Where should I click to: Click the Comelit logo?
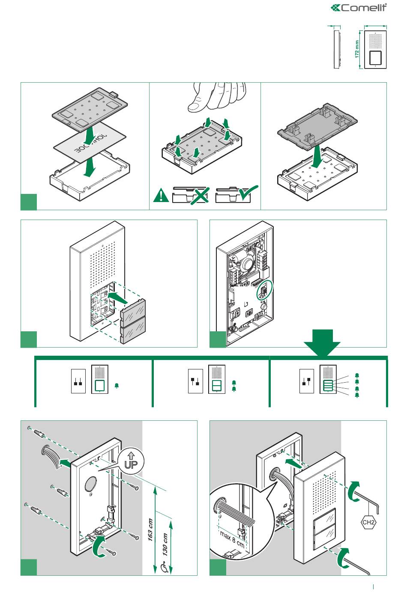pos(359,7)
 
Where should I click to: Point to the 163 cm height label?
pos(151,530)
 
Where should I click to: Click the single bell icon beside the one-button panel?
pos(117,386)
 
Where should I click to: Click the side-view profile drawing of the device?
pos(337,48)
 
